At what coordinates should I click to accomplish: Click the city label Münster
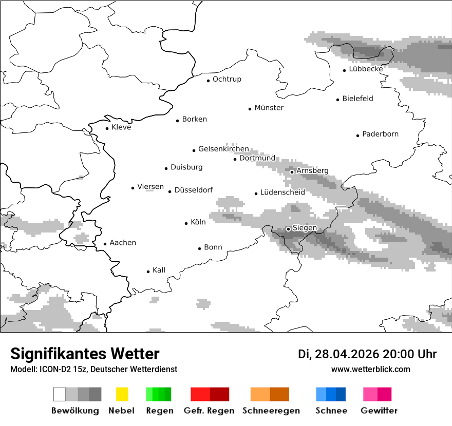pos(269,108)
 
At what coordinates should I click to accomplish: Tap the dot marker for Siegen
pos(289,229)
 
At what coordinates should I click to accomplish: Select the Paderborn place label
pos(380,134)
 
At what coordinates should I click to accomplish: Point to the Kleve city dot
pos(107,128)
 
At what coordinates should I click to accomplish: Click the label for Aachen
pos(123,243)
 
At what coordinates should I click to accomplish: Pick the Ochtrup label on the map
pos(227,79)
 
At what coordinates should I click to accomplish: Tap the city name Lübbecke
pos(366,69)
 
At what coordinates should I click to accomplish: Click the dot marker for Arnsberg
pos(292,172)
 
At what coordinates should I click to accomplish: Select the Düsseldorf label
pos(193,190)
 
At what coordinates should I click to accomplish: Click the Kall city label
pos(159,270)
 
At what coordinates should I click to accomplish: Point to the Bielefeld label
pos(357,99)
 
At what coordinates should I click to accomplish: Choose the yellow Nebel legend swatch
pos(122,394)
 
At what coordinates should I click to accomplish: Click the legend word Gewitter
pos(379,411)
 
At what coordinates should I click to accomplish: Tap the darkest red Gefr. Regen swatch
pos(219,394)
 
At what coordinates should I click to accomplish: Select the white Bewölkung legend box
pos(60,394)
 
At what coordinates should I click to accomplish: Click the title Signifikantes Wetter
pos(85,354)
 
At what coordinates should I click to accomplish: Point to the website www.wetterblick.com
pos(370,369)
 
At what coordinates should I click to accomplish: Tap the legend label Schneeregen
pos(271,411)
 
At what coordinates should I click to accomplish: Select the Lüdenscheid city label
pos(282,192)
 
